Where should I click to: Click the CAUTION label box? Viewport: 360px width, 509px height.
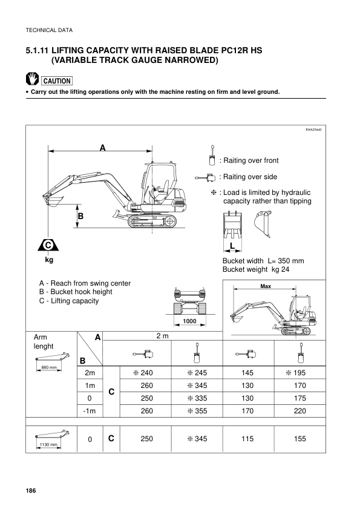57,81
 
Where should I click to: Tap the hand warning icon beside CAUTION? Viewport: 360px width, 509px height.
32,79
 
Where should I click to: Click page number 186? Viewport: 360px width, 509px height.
31,490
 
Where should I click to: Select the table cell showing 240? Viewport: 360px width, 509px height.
143,373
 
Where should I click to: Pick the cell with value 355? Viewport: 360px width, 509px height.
197,411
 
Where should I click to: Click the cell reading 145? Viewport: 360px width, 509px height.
247,373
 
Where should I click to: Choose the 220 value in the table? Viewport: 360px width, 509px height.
300,411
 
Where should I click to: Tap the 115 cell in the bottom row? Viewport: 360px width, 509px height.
247,439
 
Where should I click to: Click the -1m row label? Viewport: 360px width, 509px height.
90,411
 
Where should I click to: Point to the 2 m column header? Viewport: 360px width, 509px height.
163,336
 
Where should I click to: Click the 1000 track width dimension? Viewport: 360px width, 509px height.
189,321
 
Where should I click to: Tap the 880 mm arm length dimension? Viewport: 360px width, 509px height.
49,367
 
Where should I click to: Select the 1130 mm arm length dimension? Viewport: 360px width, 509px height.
48,444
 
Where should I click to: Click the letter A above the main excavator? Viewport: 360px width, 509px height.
103,148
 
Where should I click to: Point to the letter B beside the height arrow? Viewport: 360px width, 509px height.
80,216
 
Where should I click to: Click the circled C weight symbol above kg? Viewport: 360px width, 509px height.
48,245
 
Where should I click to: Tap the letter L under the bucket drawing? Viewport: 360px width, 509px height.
232,246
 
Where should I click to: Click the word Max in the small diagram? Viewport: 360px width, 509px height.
266,286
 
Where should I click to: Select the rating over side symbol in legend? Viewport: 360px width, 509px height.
206,177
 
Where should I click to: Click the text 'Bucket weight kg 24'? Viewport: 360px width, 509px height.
256,269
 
